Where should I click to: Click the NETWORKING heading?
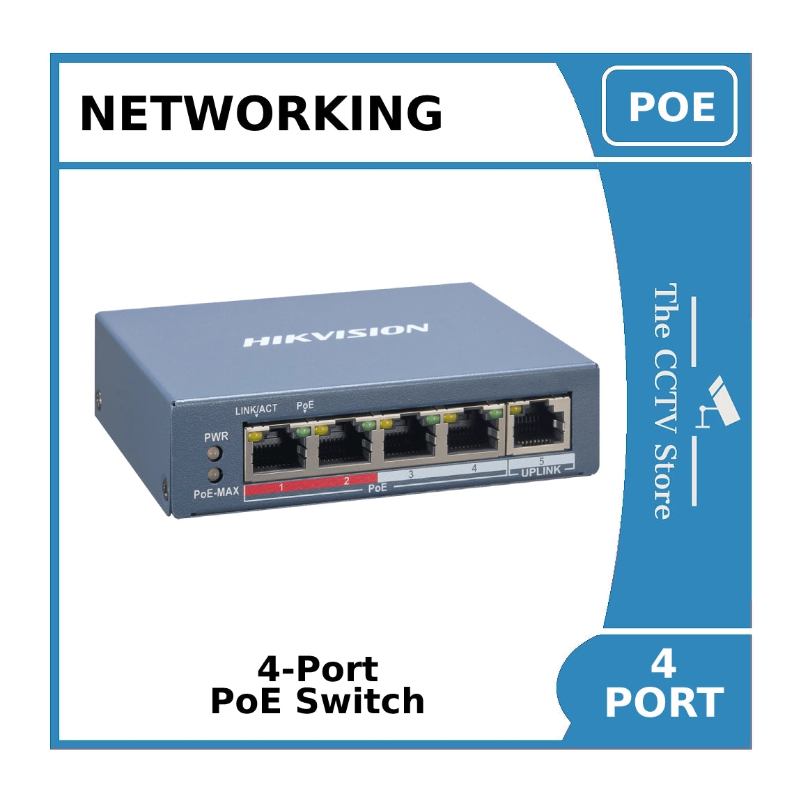tap(261, 113)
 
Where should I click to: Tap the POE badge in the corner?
tap(670, 107)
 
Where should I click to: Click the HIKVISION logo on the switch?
tap(335, 335)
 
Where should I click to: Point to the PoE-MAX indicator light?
tap(214, 475)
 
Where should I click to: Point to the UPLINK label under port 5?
tap(541, 472)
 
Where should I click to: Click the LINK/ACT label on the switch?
tap(256, 410)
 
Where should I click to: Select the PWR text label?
tap(216, 437)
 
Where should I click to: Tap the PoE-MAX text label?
tap(216, 492)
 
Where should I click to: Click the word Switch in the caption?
tap(360, 701)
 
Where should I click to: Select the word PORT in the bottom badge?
tap(664, 703)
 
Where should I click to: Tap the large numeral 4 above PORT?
tap(663, 664)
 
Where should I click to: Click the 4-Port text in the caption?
tap(318, 669)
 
